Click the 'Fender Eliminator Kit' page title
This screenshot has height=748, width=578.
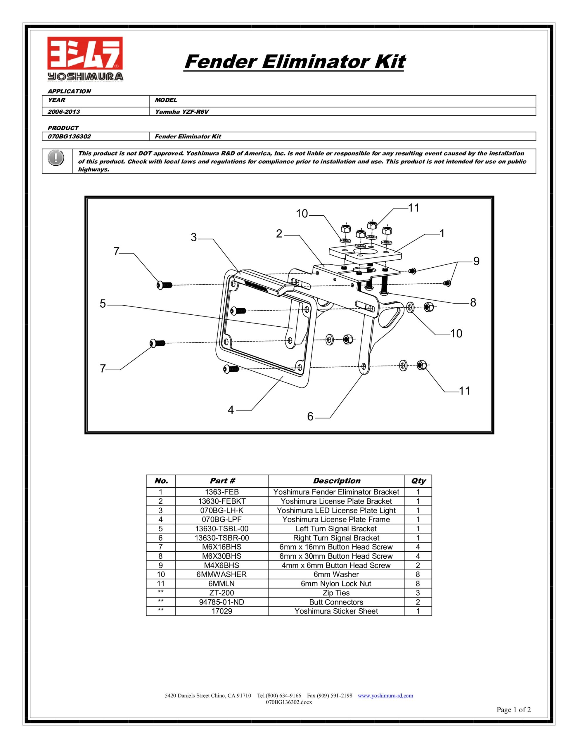[x=294, y=62]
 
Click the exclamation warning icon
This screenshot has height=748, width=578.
[x=56, y=158]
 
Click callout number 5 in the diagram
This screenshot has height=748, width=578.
[x=103, y=304]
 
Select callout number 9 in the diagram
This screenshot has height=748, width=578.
[x=476, y=261]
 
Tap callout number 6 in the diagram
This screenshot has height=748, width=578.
[x=310, y=416]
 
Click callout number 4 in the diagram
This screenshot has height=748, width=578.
[x=231, y=410]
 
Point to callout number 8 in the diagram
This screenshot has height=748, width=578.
[x=473, y=302]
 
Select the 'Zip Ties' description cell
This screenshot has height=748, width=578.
[x=336, y=593]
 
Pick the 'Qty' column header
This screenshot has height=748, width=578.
[x=418, y=481]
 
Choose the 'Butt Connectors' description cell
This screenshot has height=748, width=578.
[x=336, y=602]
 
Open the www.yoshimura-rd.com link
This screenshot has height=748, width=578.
[x=385, y=696]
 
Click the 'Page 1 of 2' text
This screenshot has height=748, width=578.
[x=513, y=710]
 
